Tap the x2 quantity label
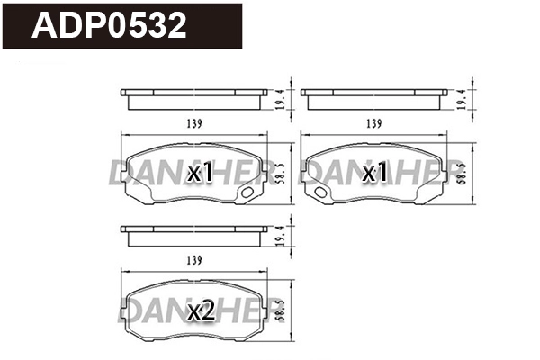click(x=201, y=311)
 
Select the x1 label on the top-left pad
click(x=200, y=173)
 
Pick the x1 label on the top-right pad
click(x=374, y=173)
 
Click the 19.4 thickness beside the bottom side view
click(x=283, y=237)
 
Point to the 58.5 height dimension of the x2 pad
click(x=283, y=308)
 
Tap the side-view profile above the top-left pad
click(x=193, y=96)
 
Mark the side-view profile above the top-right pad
click(x=373, y=96)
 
